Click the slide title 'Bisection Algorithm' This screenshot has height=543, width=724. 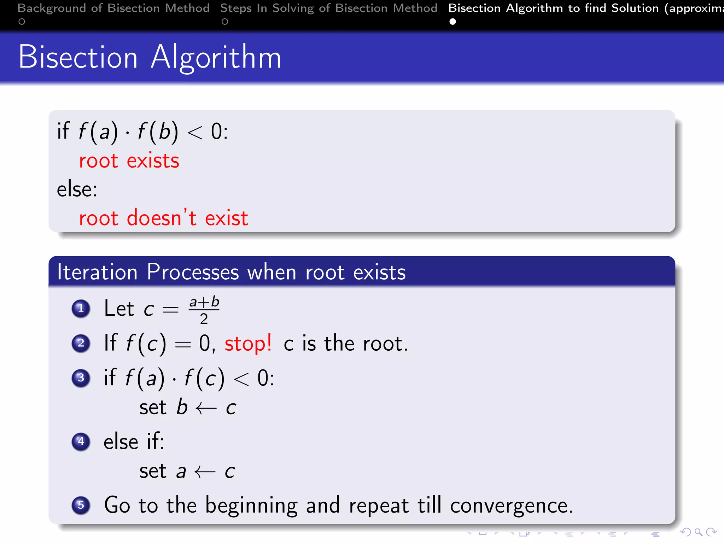[150, 57]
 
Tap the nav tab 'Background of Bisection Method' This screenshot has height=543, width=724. [113, 8]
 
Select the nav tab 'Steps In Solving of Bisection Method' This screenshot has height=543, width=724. [328, 8]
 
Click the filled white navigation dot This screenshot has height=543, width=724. [452, 22]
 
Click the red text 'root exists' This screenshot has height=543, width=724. [129, 161]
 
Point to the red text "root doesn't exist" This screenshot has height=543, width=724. [163, 218]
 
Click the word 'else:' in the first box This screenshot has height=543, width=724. [77, 189]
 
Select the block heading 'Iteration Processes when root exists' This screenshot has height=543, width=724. [231, 272]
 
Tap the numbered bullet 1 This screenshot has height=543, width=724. [81, 309]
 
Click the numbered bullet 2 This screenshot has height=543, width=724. [81, 343]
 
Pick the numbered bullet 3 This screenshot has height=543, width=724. [81, 378]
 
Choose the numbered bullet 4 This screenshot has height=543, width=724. [81, 442]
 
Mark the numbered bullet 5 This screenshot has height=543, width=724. [81, 505]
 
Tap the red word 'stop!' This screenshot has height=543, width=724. [248, 344]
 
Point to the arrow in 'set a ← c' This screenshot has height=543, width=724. [205, 472]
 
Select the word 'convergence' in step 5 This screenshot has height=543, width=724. [510, 506]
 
